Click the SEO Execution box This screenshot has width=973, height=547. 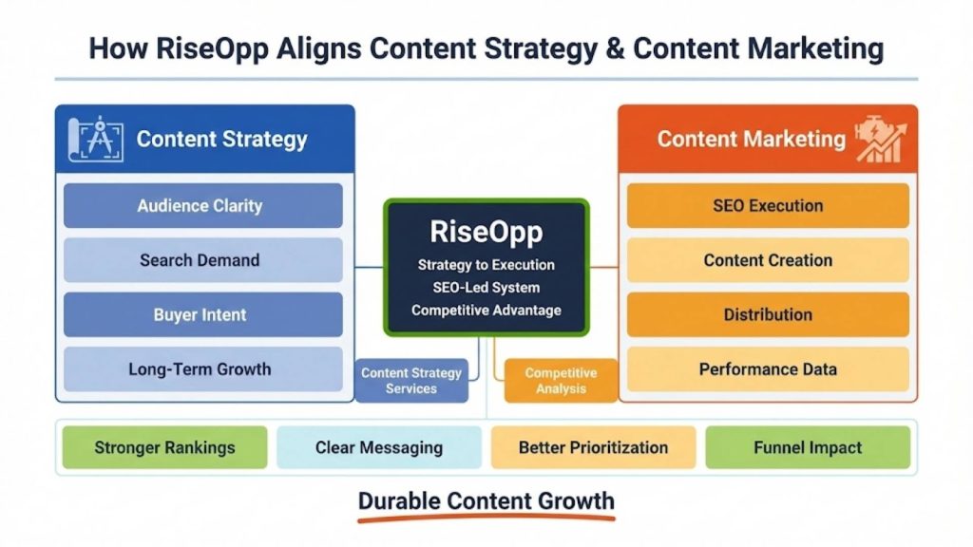coord(768,206)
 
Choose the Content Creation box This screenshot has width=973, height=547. coord(768,260)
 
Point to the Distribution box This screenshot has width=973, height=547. coord(768,314)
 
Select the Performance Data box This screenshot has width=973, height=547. coord(768,369)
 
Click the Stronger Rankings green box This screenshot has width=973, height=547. coord(165,447)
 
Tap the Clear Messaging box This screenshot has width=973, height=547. coord(379,447)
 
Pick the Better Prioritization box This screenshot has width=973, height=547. coord(593,447)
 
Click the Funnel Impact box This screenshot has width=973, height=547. coord(808,447)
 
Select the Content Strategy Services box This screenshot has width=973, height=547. coord(411,381)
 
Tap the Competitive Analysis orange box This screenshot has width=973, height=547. coord(561,381)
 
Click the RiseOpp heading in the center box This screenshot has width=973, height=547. coord(486,233)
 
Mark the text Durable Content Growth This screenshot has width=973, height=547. coord(486,500)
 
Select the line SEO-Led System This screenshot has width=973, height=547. coord(486,288)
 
